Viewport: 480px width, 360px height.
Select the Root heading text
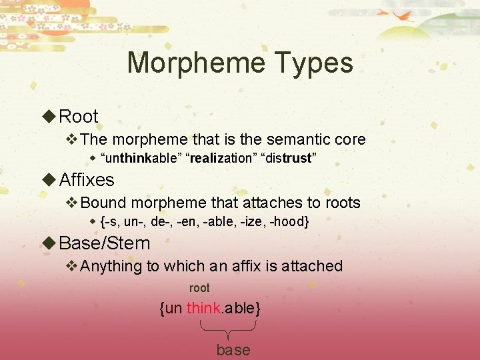click(x=79, y=117)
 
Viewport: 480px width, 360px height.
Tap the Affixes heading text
click(x=87, y=180)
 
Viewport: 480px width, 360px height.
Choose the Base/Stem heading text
click(x=105, y=243)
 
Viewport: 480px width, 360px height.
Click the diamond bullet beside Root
click(x=49, y=117)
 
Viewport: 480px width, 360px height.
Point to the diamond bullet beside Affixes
click(x=49, y=180)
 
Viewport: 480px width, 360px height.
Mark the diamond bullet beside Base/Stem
click(x=49, y=243)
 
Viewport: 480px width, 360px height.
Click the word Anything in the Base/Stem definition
click(x=111, y=266)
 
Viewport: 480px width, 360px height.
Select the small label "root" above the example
click(x=199, y=288)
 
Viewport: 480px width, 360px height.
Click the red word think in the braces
click(x=203, y=308)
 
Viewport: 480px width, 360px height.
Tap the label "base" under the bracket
click(x=233, y=350)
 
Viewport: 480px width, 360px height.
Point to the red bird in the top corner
click(x=401, y=15)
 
